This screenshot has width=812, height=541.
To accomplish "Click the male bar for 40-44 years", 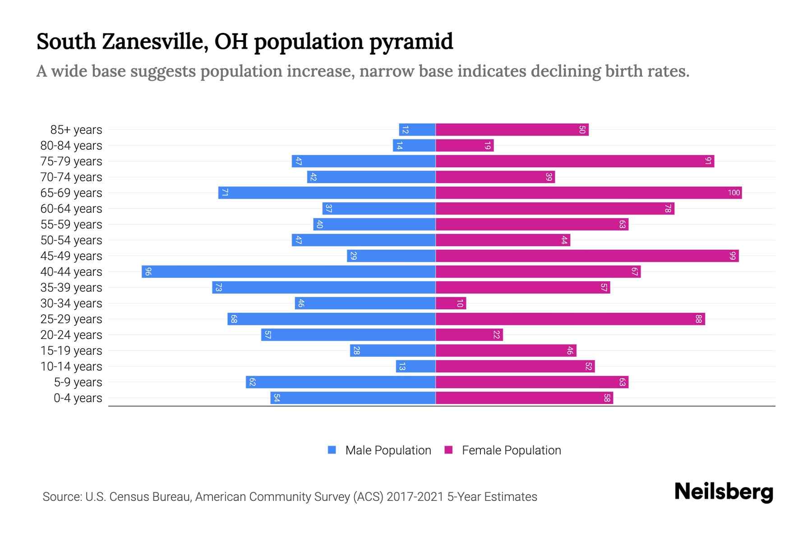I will [x=289, y=272].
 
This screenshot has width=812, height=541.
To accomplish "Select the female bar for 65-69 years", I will [x=589, y=193].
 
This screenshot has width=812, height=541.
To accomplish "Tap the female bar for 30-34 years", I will [x=451, y=303].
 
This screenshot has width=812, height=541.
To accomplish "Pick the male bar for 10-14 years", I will [x=415, y=367].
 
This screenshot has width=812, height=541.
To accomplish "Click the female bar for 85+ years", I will [x=512, y=130].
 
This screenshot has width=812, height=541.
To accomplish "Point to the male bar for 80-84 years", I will [x=414, y=146].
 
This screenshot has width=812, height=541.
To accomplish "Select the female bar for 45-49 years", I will [x=587, y=256].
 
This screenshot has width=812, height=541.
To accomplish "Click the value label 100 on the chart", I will [x=734, y=193].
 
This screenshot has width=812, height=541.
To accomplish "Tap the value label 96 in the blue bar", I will [x=148, y=272].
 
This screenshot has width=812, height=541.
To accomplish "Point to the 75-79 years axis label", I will [x=71, y=161].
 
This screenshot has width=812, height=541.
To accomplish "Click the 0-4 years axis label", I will [x=78, y=398].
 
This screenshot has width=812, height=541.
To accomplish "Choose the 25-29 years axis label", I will [x=71, y=319].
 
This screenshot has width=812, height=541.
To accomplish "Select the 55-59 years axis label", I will [x=71, y=225].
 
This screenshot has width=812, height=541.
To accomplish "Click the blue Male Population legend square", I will [x=332, y=450].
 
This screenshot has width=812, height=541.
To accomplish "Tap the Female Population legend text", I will [x=511, y=450].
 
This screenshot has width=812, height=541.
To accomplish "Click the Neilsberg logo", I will [x=724, y=492].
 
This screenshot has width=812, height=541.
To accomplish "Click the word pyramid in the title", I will [x=411, y=42].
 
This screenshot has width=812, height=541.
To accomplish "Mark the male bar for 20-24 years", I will [x=348, y=335].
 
